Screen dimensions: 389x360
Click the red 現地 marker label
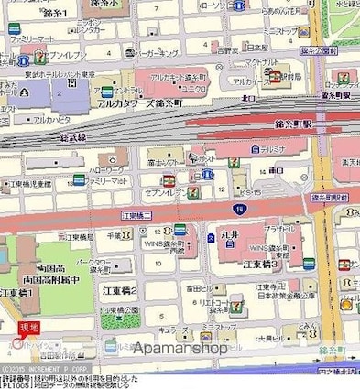(29, 327)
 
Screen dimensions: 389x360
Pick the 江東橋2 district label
(122, 290)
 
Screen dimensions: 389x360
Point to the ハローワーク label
(108, 170)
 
